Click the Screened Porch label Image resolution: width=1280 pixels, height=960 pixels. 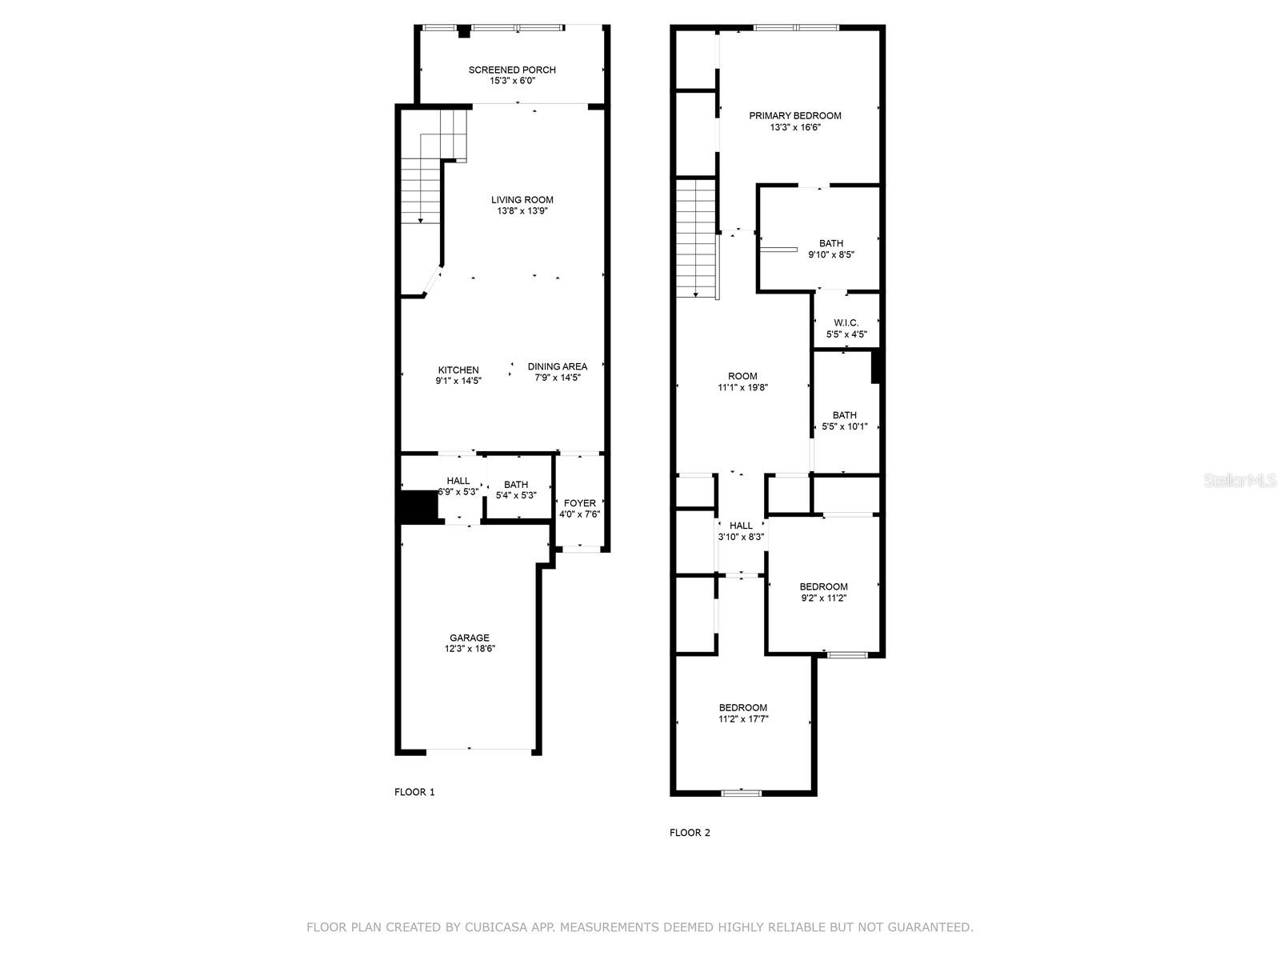[x=512, y=70]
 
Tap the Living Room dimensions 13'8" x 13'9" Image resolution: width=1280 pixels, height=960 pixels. [x=522, y=211]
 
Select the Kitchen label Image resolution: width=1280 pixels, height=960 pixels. [x=458, y=370]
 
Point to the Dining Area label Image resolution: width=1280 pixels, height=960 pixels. [x=558, y=367]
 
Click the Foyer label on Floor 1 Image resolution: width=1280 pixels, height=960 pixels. [x=579, y=503]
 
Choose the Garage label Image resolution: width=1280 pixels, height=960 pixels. [x=469, y=638]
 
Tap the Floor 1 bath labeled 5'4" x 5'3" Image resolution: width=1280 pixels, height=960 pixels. [x=516, y=490]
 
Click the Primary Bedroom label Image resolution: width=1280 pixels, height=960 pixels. [x=794, y=116]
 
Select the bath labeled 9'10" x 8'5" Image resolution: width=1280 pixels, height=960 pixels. [x=830, y=249]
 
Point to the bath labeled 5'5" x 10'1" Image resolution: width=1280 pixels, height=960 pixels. [x=844, y=421]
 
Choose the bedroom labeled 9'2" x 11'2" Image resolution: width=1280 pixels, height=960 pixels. [x=823, y=592]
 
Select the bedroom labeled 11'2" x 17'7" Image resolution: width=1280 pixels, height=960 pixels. [x=742, y=713]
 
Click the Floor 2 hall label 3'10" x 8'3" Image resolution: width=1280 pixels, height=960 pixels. [x=741, y=531]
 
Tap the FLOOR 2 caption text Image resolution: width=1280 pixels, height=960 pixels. [x=690, y=833]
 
